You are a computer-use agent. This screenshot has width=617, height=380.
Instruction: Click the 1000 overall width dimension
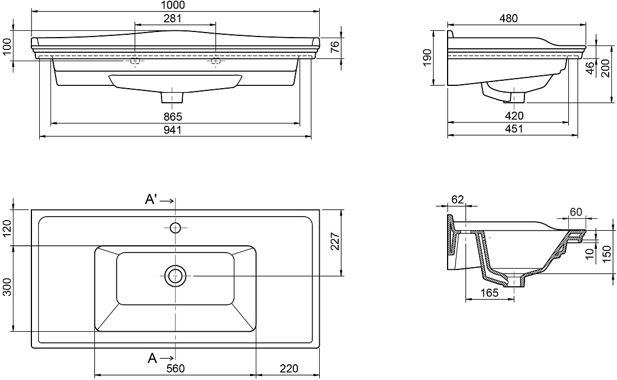tap(173, 5)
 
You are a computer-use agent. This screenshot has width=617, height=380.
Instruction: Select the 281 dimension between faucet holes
tap(173, 18)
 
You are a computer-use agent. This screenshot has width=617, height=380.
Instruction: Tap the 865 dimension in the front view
tap(173, 117)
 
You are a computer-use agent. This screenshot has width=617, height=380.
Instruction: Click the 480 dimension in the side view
tap(508, 18)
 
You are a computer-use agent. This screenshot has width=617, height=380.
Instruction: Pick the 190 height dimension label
tap(428, 57)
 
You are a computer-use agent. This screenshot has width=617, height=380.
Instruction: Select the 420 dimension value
tap(514, 116)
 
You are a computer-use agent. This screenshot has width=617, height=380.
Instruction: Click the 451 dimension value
tap(514, 129)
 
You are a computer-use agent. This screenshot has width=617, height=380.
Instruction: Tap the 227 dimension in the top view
tap(334, 241)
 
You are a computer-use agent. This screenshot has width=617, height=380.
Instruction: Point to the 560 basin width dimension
tap(176, 369)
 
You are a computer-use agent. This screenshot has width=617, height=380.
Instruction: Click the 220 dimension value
tap(289, 369)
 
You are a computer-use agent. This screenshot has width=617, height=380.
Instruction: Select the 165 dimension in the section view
tap(490, 292)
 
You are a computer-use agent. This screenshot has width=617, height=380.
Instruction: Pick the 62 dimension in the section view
tap(457, 200)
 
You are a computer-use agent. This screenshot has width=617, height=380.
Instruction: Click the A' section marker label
tap(151, 200)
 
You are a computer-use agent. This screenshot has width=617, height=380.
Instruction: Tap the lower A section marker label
tap(152, 358)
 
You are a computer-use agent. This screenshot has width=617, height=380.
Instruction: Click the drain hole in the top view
tap(175, 276)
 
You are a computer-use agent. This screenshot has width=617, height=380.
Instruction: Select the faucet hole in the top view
tap(175, 227)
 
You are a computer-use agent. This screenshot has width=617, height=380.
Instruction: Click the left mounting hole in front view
tap(135, 61)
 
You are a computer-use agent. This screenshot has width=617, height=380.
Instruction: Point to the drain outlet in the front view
tap(172, 98)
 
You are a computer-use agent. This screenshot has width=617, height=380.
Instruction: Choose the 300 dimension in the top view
tap(7, 287)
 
